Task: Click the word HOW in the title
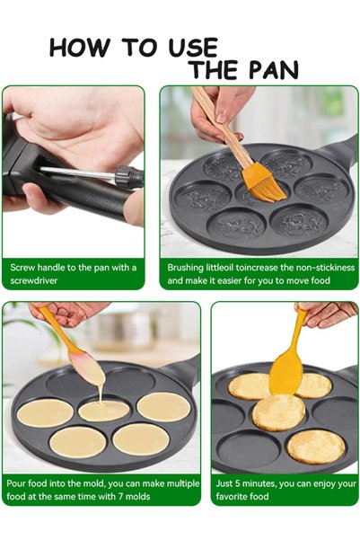click(80, 48)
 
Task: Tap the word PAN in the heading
click(273, 70)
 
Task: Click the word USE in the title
click(193, 48)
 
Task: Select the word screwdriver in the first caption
click(34, 280)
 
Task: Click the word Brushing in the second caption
click(186, 268)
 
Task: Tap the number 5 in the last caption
click(238, 483)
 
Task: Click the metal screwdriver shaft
click(77, 173)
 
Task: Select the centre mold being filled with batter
click(104, 411)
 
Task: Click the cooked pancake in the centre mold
click(279, 412)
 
